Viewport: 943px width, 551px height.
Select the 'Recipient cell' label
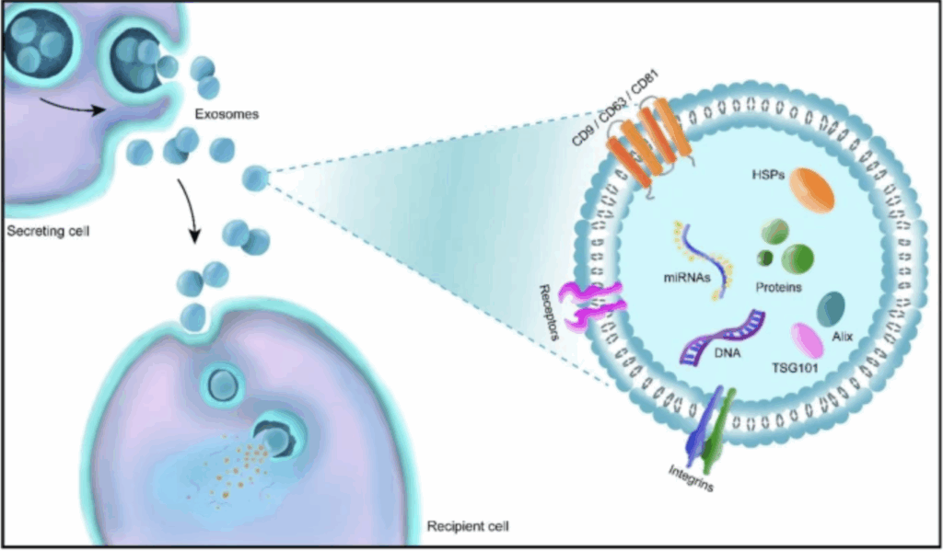coord(468,528)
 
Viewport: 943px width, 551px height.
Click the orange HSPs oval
coord(810,190)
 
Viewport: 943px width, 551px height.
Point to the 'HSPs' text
coord(770,173)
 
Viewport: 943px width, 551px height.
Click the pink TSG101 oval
coord(807,339)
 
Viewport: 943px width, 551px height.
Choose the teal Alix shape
coord(833,307)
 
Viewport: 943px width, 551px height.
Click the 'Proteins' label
coord(778,288)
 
